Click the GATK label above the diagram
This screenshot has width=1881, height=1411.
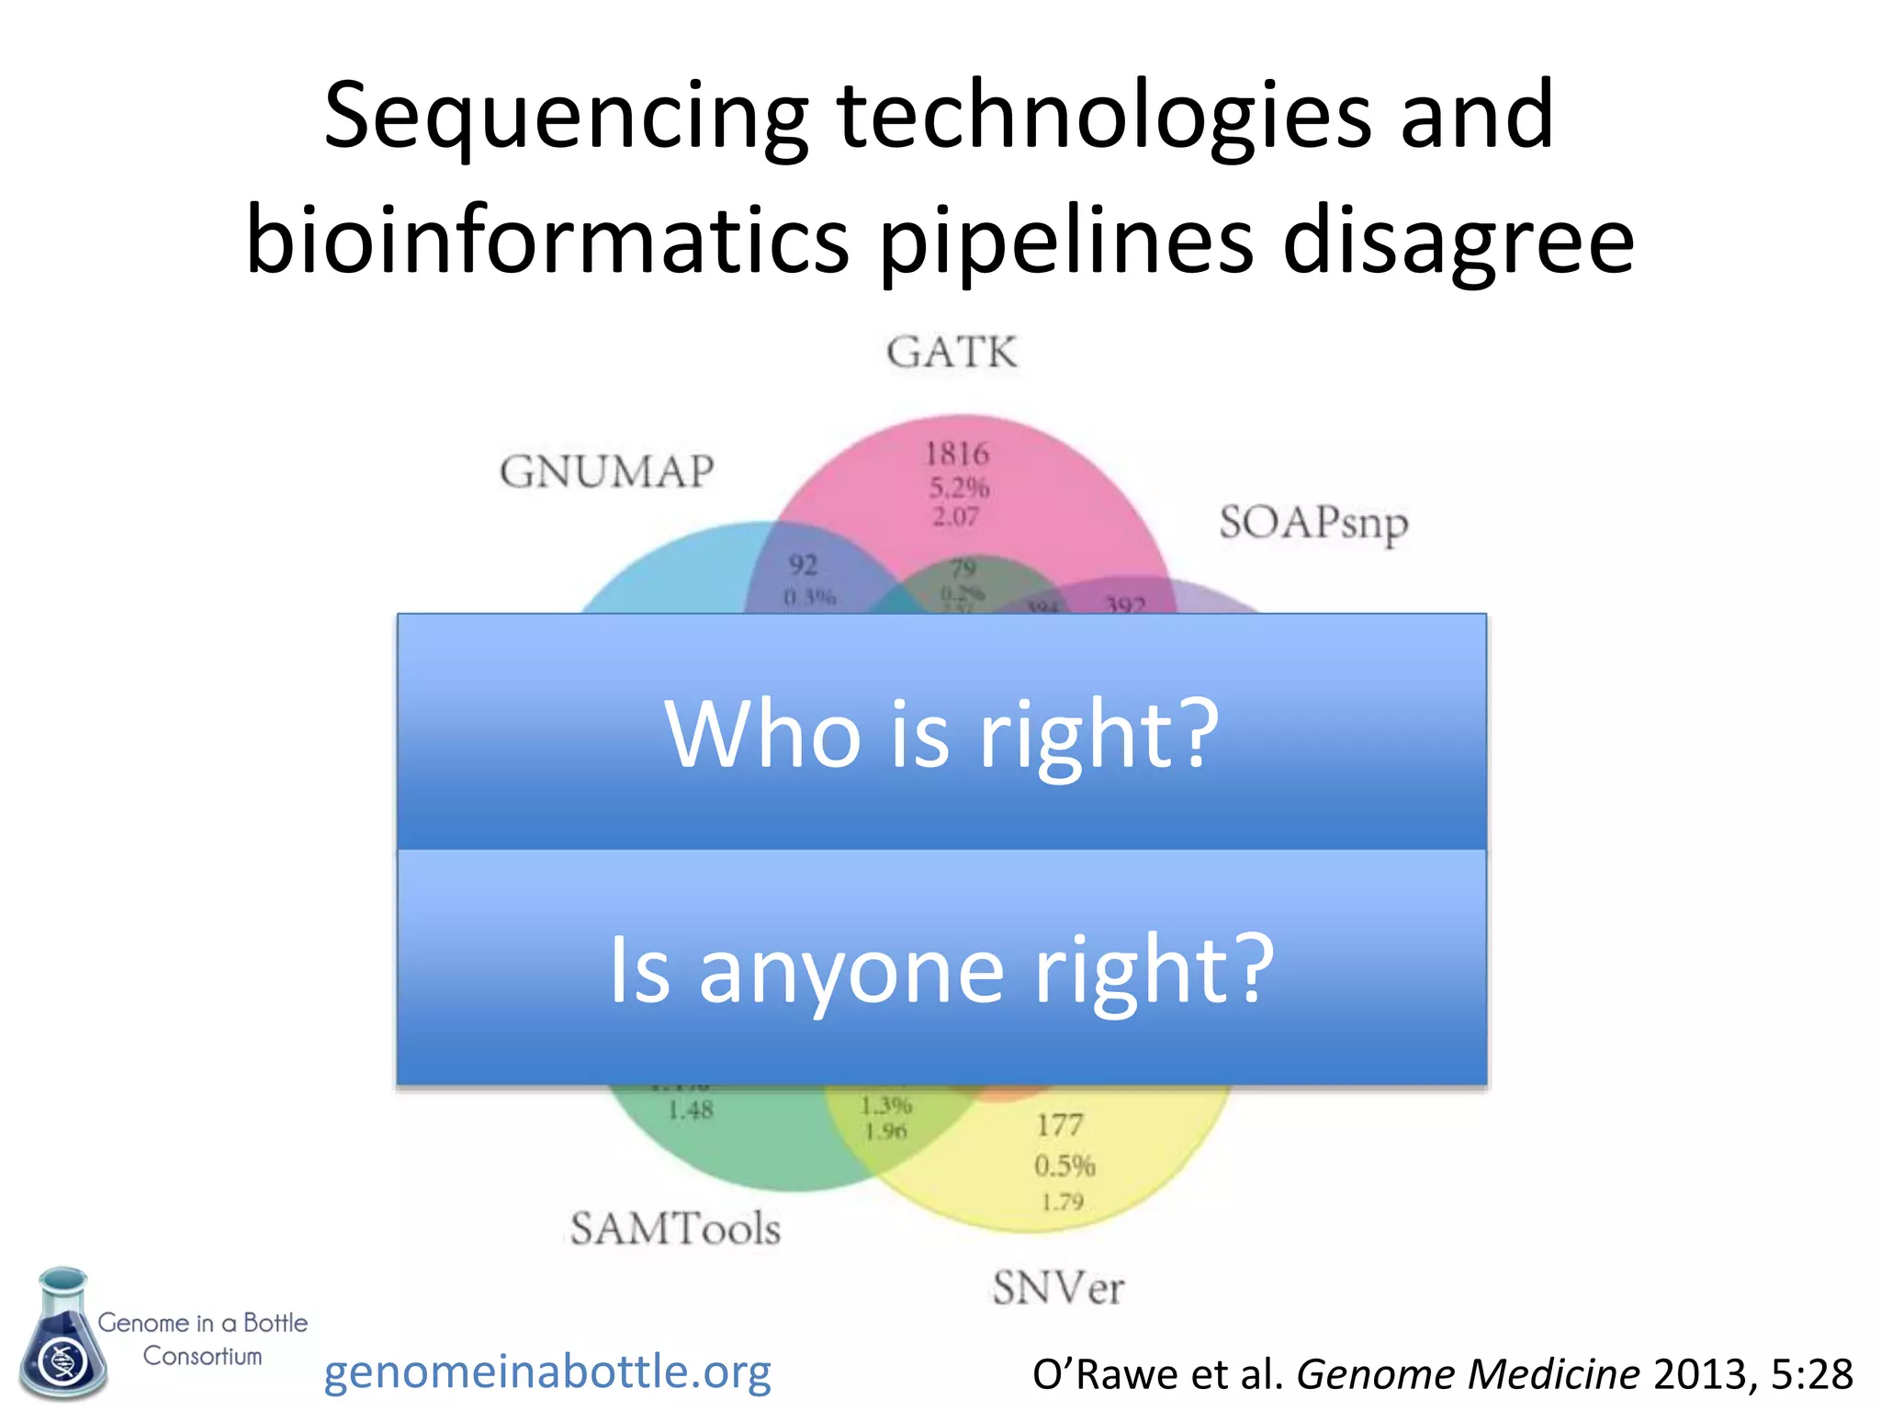click(x=952, y=353)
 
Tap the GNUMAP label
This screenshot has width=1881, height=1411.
click(x=607, y=472)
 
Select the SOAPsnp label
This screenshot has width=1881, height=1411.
click(x=1313, y=524)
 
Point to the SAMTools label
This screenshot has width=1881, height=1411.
click(x=675, y=1229)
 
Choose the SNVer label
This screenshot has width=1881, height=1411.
click(x=1058, y=1288)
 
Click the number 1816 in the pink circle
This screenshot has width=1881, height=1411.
click(x=957, y=454)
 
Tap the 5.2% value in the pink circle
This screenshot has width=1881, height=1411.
click(x=958, y=487)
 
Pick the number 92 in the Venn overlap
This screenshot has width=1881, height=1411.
click(x=803, y=564)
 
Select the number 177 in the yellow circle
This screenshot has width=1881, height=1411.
click(x=1060, y=1125)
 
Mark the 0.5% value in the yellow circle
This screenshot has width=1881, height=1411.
click(x=1064, y=1166)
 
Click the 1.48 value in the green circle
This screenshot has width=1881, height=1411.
click(x=690, y=1111)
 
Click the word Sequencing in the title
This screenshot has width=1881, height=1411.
click(x=566, y=117)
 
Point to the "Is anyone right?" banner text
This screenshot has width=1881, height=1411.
click(x=941, y=969)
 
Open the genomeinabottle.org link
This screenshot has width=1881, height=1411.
click(x=547, y=1371)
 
